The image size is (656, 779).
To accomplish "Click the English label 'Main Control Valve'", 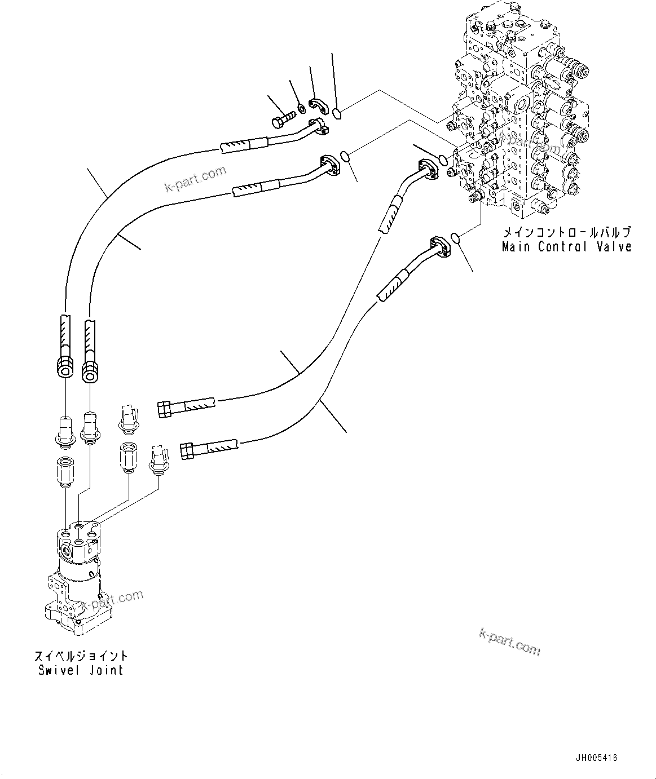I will (566, 247).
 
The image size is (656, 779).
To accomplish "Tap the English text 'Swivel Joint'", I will (81, 670).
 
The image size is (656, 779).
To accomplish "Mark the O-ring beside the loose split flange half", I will (336, 114).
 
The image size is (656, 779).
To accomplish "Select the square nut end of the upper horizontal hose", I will (165, 409).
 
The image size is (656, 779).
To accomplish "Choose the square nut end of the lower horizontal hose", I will (187, 451).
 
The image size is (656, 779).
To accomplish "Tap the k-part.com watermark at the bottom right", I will (509, 643).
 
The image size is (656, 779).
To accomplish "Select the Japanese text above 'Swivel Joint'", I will (81, 656).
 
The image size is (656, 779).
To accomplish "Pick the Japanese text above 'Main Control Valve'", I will (566, 232).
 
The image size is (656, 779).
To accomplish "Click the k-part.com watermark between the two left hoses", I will (195, 179).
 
